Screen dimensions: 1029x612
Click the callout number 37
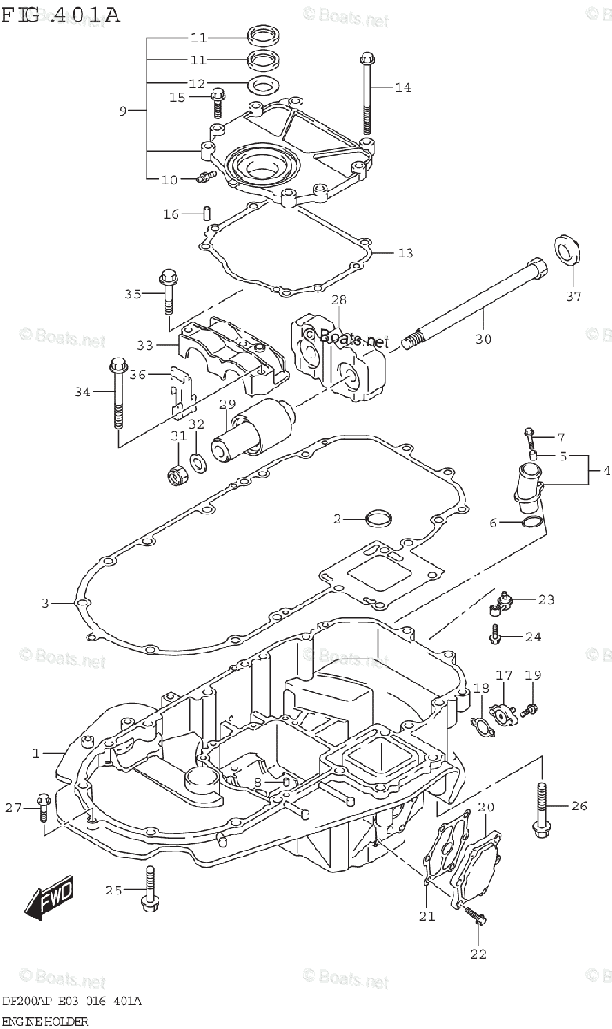click(x=573, y=297)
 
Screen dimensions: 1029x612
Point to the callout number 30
click(x=483, y=339)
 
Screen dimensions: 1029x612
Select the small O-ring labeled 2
click(x=377, y=518)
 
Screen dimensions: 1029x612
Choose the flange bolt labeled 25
click(x=151, y=890)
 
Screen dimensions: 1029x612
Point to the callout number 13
click(x=405, y=253)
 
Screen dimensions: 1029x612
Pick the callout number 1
click(x=36, y=753)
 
